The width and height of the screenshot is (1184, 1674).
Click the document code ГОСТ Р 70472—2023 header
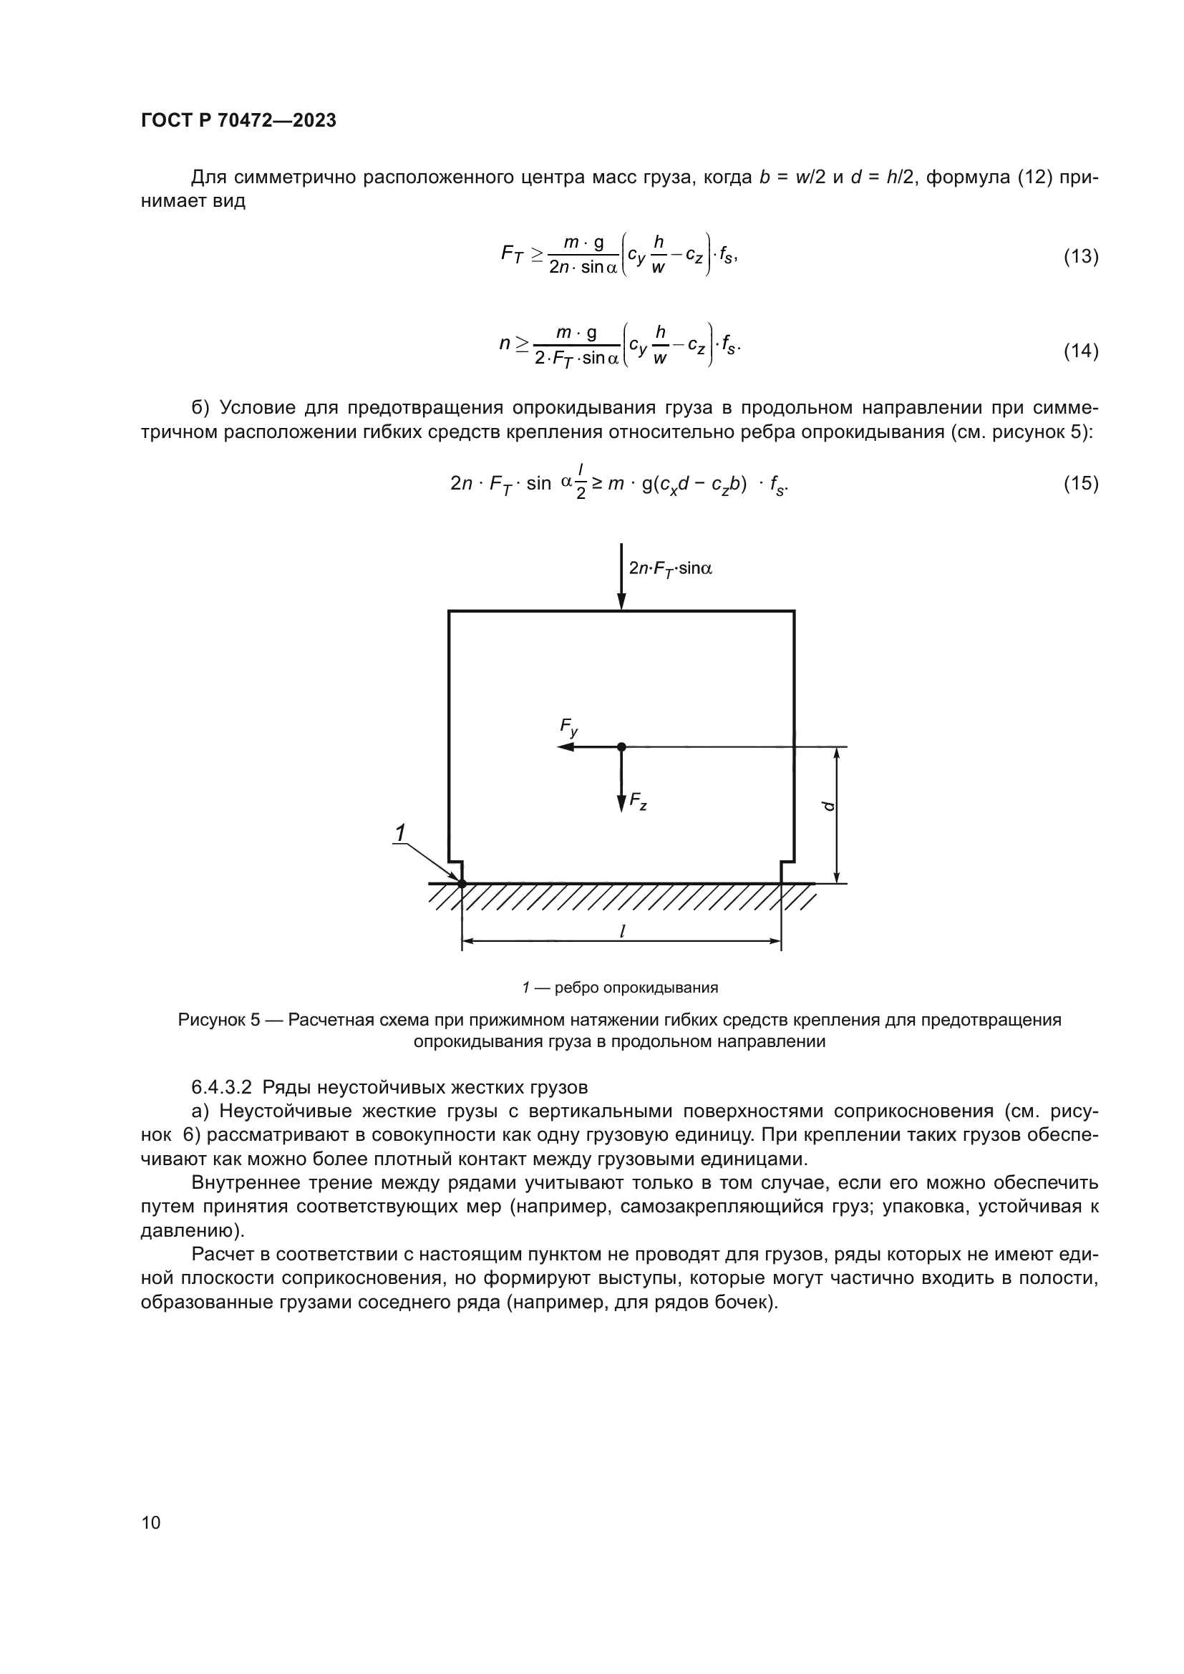(x=238, y=120)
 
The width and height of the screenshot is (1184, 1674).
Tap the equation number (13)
(x=1080, y=256)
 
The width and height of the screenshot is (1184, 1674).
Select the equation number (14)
(x=1080, y=351)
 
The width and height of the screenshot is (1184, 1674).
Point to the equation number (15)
(x=1080, y=482)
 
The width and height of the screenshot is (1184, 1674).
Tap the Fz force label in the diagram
(x=639, y=802)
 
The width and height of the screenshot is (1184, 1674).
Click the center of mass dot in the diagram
(x=621, y=746)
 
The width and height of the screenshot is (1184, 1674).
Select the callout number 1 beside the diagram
(x=400, y=832)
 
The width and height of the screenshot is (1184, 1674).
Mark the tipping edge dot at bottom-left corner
(x=462, y=884)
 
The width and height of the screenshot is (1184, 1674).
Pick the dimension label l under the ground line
(x=621, y=931)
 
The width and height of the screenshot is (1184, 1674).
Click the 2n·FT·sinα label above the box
(x=670, y=568)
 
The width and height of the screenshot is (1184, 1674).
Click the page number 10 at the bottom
(x=151, y=1522)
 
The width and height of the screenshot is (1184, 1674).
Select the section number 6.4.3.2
(x=222, y=1087)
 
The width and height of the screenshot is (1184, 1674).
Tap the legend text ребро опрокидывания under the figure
(x=636, y=987)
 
